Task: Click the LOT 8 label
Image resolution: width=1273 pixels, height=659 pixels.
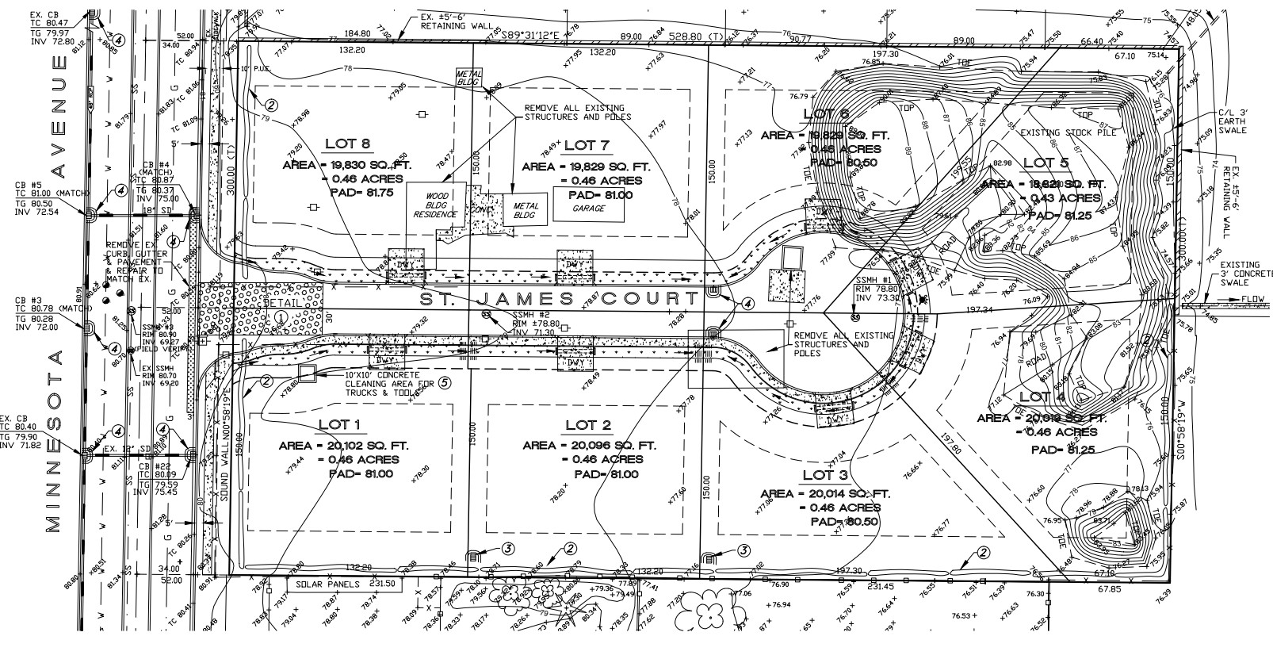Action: (347, 144)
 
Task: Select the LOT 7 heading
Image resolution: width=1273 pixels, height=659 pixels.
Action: (587, 144)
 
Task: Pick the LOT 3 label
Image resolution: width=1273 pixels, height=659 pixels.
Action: (825, 474)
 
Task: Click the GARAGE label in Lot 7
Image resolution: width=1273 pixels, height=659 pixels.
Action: (589, 209)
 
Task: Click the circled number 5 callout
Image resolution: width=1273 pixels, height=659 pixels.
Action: (444, 382)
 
